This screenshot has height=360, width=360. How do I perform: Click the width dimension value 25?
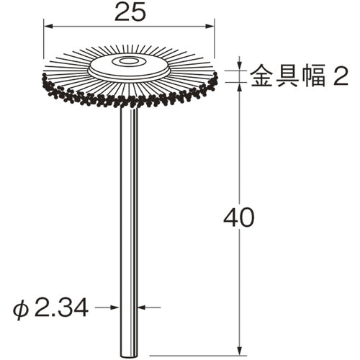[x=130, y=13]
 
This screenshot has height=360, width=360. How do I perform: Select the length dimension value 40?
[x=238, y=217]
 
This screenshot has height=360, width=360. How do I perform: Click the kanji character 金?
[x=263, y=75]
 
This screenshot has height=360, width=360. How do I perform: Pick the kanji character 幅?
[x=307, y=75]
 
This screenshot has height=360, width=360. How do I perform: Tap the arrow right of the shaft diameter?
[x=144, y=307]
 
